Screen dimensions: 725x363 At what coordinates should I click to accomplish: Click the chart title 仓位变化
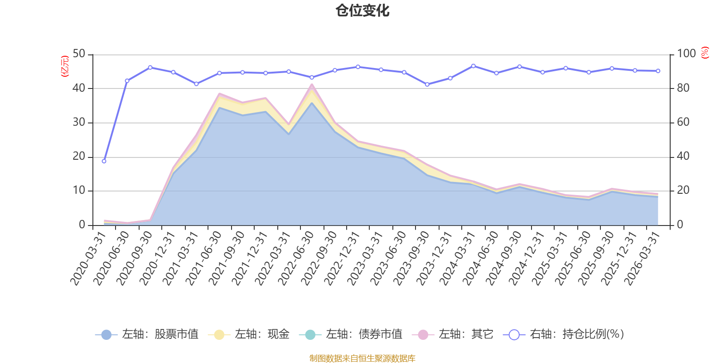pyautogui.click(x=362, y=11)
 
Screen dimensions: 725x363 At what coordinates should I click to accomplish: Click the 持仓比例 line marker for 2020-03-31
pyautogui.click(x=104, y=161)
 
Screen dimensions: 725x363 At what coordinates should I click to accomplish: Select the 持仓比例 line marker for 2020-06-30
pyautogui.click(x=127, y=81)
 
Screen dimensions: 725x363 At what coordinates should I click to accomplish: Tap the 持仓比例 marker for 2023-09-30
pyautogui.click(x=427, y=84)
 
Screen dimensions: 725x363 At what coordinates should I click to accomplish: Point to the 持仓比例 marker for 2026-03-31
pyautogui.click(x=658, y=71)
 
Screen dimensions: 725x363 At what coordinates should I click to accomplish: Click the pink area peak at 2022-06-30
pyautogui.click(x=312, y=84)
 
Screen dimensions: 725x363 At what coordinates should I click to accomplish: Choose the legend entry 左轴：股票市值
pyautogui.click(x=147, y=334)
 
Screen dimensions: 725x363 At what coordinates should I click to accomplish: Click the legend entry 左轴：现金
pyautogui.click(x=249, y=334)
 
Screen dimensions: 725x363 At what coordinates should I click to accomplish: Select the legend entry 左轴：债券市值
pyautogui.click(x=351, y=334)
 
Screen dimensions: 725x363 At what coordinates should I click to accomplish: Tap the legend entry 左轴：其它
pyautogui.click(x=453, y=334)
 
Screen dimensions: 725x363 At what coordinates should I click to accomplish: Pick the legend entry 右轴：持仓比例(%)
pyautogui.click(x=564, y=334)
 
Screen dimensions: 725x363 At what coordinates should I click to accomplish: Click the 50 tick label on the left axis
pyautogui.click(x=79, y=54)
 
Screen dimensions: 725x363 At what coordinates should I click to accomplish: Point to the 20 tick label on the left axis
pyautogui.click(x=79, y=156)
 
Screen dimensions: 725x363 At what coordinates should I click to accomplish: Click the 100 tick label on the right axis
pyautogui.click(x=686, y=54)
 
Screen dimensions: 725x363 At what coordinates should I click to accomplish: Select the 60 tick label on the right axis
pyautogui.click(x=683, y=122)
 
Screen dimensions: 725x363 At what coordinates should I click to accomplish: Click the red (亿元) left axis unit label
pyautogui.click(x=65, y=66)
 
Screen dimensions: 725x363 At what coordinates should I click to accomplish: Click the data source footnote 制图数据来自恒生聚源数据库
pyautogui.click(x=362, y=358)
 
